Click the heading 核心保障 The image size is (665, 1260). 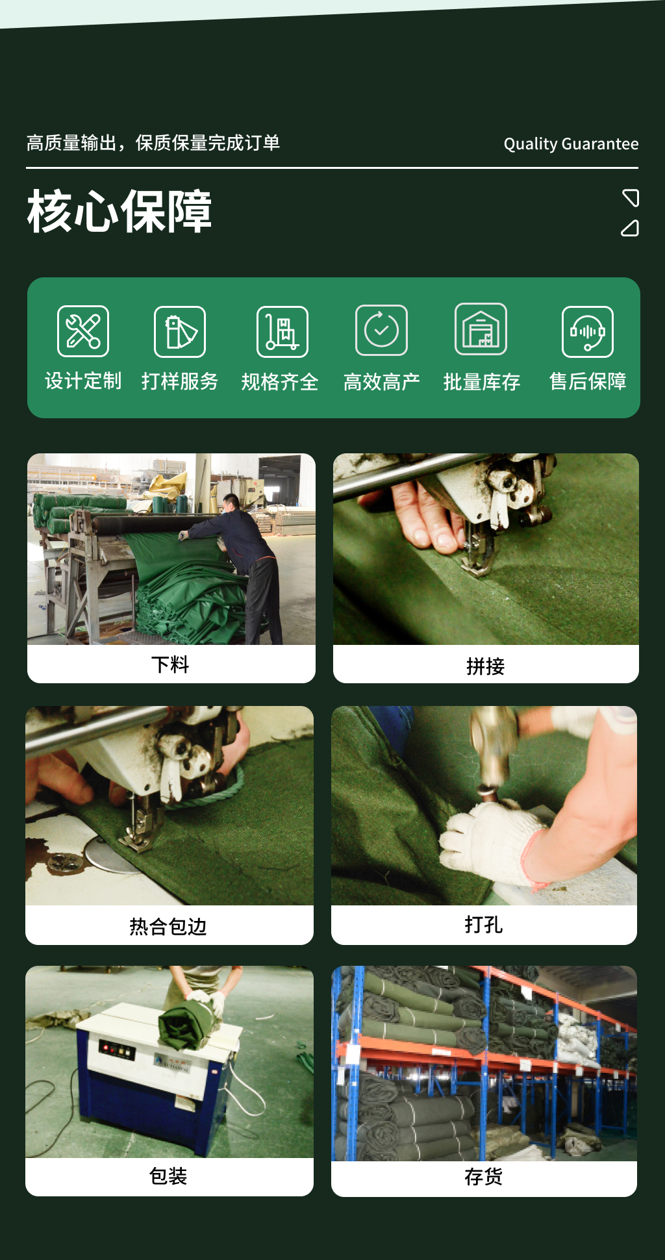point(119,212)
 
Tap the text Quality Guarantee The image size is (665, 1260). point(571,144)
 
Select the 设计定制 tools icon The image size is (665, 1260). point(83,331)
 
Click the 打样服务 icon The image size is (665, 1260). point(180,332)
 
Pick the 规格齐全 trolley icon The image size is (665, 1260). point(282,332)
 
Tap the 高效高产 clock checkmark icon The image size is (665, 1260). point(381,331)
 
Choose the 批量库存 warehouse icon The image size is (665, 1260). point(481,329)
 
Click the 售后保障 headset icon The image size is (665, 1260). point(587,332)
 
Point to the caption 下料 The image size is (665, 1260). point(170,664)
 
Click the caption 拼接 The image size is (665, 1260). point(485,666)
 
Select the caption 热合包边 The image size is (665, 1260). point(168,926)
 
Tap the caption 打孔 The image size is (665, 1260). point(484,924)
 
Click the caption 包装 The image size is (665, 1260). point(168,1176)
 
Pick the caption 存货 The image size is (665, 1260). point(484,1176)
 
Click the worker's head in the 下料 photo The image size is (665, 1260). point(231,503)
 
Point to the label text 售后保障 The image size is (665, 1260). point(588,381)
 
